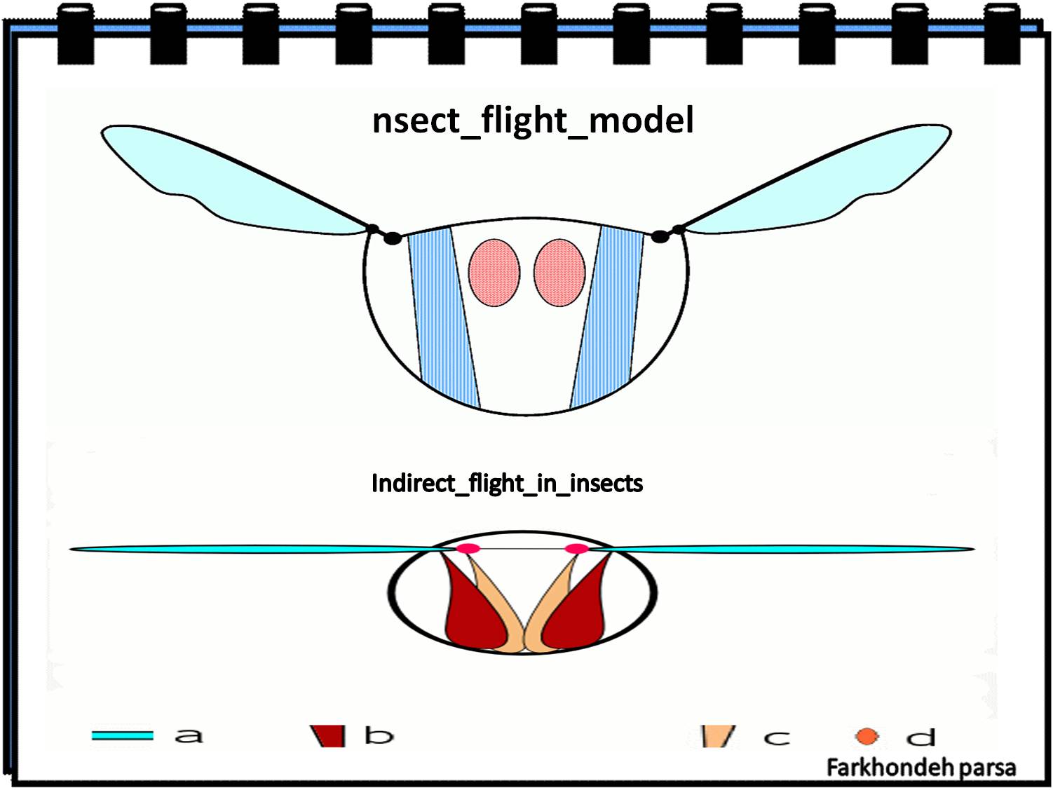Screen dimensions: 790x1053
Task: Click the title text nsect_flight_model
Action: [533, 121]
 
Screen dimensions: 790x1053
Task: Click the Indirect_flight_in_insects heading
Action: [507, 484]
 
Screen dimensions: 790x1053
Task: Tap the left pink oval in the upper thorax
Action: [494, 273]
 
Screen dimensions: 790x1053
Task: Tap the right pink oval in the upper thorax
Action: [559, 273]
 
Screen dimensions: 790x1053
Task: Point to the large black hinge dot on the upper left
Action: [393, 238]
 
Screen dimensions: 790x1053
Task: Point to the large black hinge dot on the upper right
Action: [660, 237]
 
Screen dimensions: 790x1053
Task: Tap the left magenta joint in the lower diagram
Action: [468, 549]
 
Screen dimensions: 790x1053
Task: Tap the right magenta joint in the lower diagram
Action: [576, 549]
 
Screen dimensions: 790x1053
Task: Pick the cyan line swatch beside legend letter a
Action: [122, 735]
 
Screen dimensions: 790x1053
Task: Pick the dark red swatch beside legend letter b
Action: [329, 736]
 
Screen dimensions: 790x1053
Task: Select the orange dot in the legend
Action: [867, 737]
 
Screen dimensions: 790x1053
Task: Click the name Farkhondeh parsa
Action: [920, 768]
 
